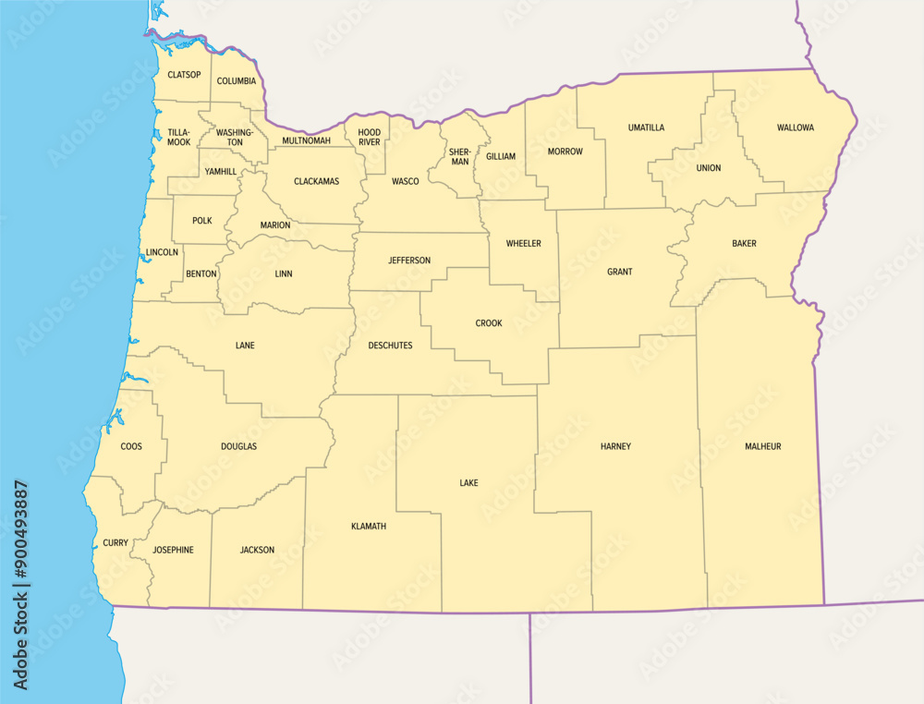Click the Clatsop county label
click(x=184, y=75)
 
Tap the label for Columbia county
click(x=237, y=81)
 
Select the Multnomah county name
click(x=306, y=140)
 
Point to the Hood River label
click(x=370, y=138)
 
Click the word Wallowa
click(x=796, y=127)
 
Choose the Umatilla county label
click(x=646, y=127)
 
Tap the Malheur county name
click(x=763, y=447)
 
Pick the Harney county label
click(x=615, y=447)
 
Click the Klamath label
click(x=369, y=527)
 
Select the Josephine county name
click(x=173, y=550)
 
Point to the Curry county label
click(x=115, y=543)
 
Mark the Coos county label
click(x=131, y=447)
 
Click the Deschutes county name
click(x=390, y=346)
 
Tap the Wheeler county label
click(x=523, y=244)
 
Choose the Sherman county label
click(x=459, y=156)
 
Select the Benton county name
click(x=201, y=274)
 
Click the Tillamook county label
click(x=178, y=138)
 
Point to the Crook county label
click(x=489, y=323)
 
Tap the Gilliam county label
click(x=501, y=157)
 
